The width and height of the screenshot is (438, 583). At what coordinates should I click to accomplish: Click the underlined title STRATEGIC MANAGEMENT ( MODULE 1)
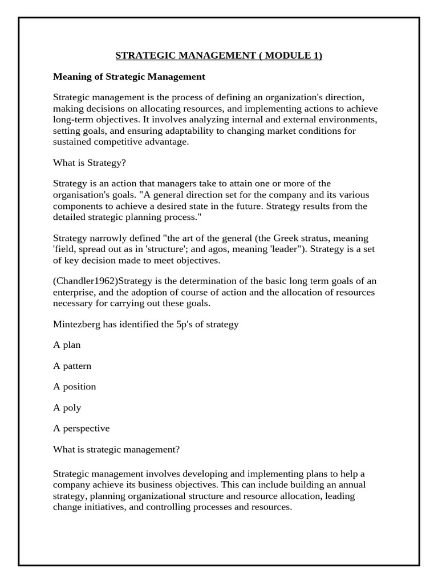[x=219, y=55]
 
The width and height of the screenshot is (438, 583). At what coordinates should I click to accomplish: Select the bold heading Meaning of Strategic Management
[x=129, y=76]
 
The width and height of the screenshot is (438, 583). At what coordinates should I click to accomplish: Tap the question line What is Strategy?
[x=90, y=162]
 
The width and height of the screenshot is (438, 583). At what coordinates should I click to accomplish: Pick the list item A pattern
[x=72, y=366]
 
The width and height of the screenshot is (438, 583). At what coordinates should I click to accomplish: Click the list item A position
[x=75, y=387]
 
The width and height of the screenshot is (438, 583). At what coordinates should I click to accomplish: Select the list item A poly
[x=67, y=408]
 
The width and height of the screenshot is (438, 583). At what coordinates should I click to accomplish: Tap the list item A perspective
[x=82, y=428]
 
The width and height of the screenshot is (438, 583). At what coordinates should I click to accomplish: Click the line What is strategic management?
[x=116, y=449]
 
